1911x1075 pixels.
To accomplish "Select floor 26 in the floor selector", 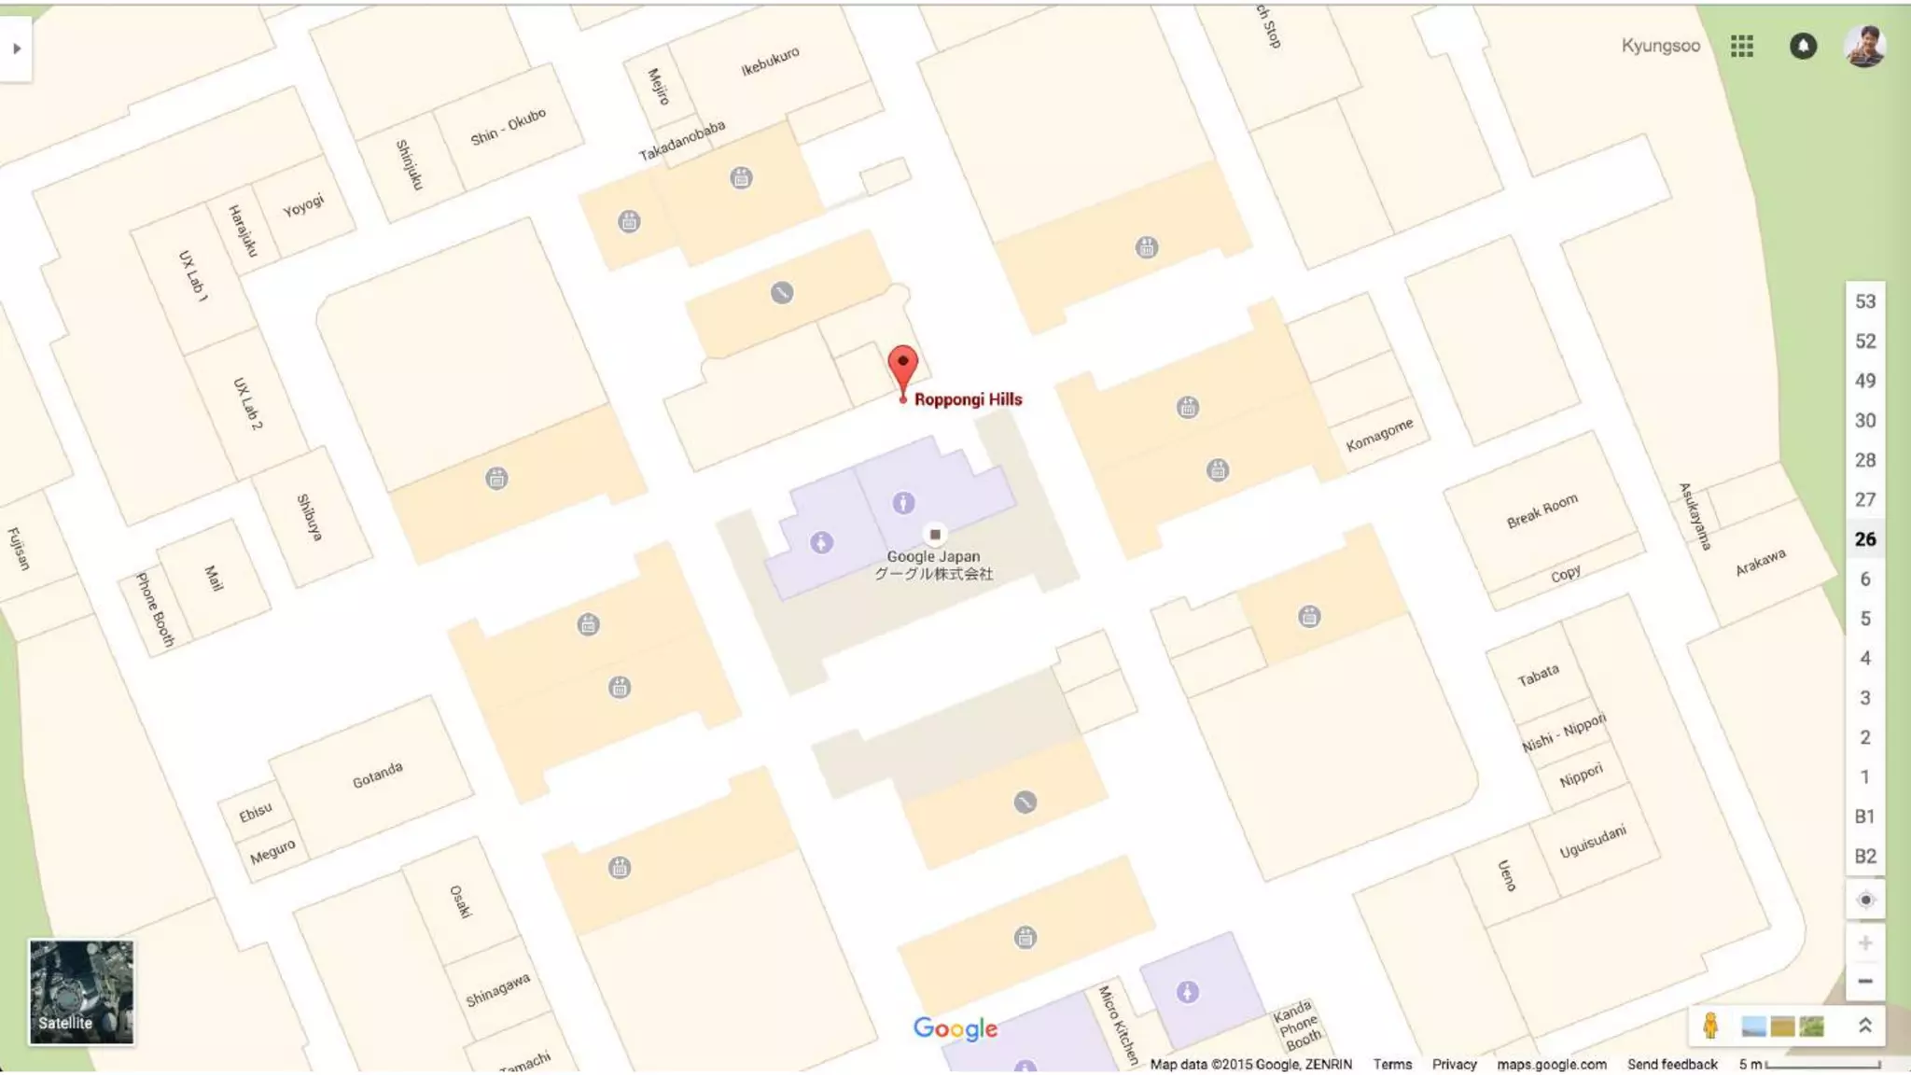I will tap(1865, 539).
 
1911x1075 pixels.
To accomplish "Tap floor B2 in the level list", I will tap(1865, 857).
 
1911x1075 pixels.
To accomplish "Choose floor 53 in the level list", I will tap(1865, 301).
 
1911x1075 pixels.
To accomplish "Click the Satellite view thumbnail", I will tap(81, 991).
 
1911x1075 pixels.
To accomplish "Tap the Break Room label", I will tap(1541, 510).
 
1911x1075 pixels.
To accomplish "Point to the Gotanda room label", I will tap(377, 775).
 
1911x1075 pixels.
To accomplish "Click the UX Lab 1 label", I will tap(193, 275).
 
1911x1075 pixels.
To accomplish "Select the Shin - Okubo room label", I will tap(508, 127).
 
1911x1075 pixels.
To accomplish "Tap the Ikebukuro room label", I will tap(770, 62).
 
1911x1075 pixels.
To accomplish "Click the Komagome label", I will tap(1379, 435).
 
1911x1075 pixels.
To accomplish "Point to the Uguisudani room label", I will tap(1592, 842).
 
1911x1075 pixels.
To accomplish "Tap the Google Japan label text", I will tap(933, 557).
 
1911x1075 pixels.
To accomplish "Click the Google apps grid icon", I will tap(1741, 46).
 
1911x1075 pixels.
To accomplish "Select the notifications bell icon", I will tap(1803, 46).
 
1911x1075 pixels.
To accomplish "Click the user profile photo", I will tap(1864, 46).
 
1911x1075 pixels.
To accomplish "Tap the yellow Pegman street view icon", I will tap(1709, 1026).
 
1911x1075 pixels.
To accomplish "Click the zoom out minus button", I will tap(1865, 981).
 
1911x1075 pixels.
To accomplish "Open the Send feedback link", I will tap(1672, 1064).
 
